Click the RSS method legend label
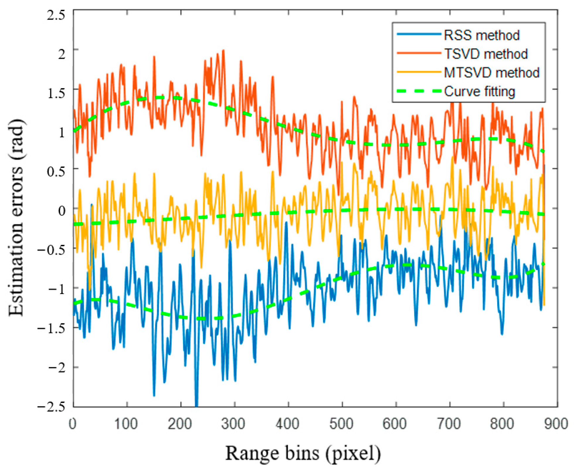tap(481, 35)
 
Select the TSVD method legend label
tap(485, 54)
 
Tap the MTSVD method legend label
tap(491, 73)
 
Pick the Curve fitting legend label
tap(479, 91)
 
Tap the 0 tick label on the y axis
tap(62, 210)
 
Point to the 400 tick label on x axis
tap(288, 424)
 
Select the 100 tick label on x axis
tap(126, 424)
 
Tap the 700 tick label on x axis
tap(449, 424)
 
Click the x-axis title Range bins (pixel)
tap(303, 453)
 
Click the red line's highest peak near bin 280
tap(223, 51)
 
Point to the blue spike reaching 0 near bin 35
tap(92, 205)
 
